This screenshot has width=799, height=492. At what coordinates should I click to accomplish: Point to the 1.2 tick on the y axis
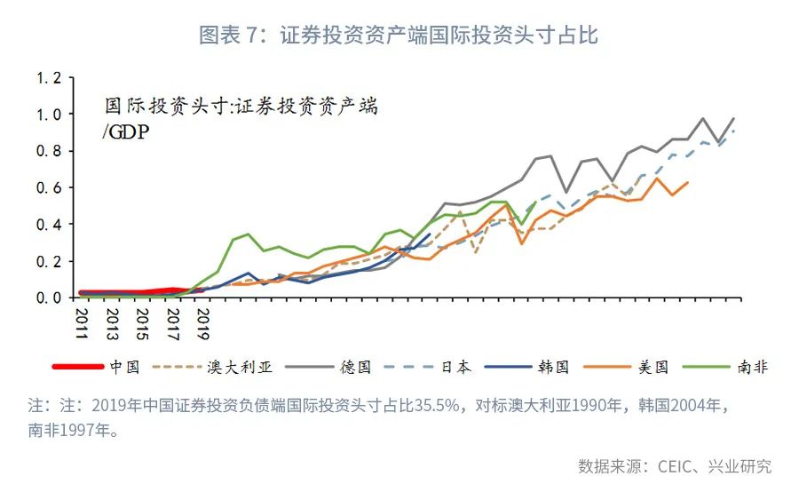tap(49, 78)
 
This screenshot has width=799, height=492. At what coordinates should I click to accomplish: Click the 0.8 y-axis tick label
tap(49, 151)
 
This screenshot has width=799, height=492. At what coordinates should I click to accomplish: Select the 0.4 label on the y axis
tap(49, 225)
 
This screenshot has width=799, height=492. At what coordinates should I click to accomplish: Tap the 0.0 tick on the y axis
tap(49, 298)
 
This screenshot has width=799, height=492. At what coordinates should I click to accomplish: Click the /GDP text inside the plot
tap(126, 133)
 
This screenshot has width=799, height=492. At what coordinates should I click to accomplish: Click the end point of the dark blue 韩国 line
tap(430, 234)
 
